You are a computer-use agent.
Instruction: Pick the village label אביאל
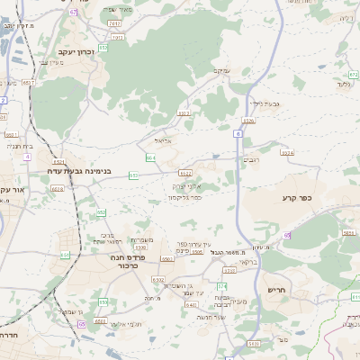[x=163, y=140]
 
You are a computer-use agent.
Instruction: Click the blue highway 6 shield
[x=238, y=133]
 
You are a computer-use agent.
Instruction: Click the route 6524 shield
[x=287, y=153]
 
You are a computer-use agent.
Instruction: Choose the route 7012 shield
[x=114, y=22]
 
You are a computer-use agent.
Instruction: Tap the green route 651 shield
[x=65, y=255]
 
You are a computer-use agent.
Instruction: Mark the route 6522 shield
[x=185, y=172]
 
